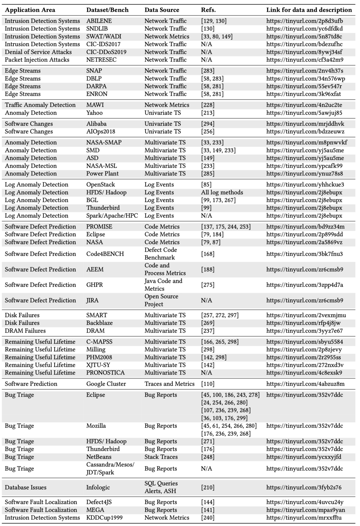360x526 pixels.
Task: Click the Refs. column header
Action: click(x=208, y=10)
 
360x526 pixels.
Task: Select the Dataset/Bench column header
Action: click(x=107, y=10)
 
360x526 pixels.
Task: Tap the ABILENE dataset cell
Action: click(x=99, y=21)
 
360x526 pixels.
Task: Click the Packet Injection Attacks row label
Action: click(x=37, y=60)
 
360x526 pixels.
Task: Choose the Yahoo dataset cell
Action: click(x=94, y=113)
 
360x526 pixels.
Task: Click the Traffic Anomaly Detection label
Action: click(x=40, y=105)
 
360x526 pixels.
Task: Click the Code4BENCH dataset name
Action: click(x=105, y=254)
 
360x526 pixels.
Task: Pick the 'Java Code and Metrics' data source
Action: click(x=163, y=285)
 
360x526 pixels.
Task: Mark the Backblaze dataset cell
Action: click(x=99, y=323)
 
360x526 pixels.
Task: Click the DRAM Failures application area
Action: click(x=25, y=331)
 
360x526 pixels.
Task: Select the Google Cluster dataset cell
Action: click(x=106, y=384)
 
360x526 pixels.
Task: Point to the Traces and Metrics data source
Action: click(x=169, y=384)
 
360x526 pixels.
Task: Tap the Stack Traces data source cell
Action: click(x=161, y=457)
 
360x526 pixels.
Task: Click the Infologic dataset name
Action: click(x=98, y=487)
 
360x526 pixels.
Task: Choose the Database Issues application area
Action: click(x=26, y=487)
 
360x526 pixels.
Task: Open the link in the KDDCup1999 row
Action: click(x=304, y=518)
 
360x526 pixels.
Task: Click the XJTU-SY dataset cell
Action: click(x=98, y=365)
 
